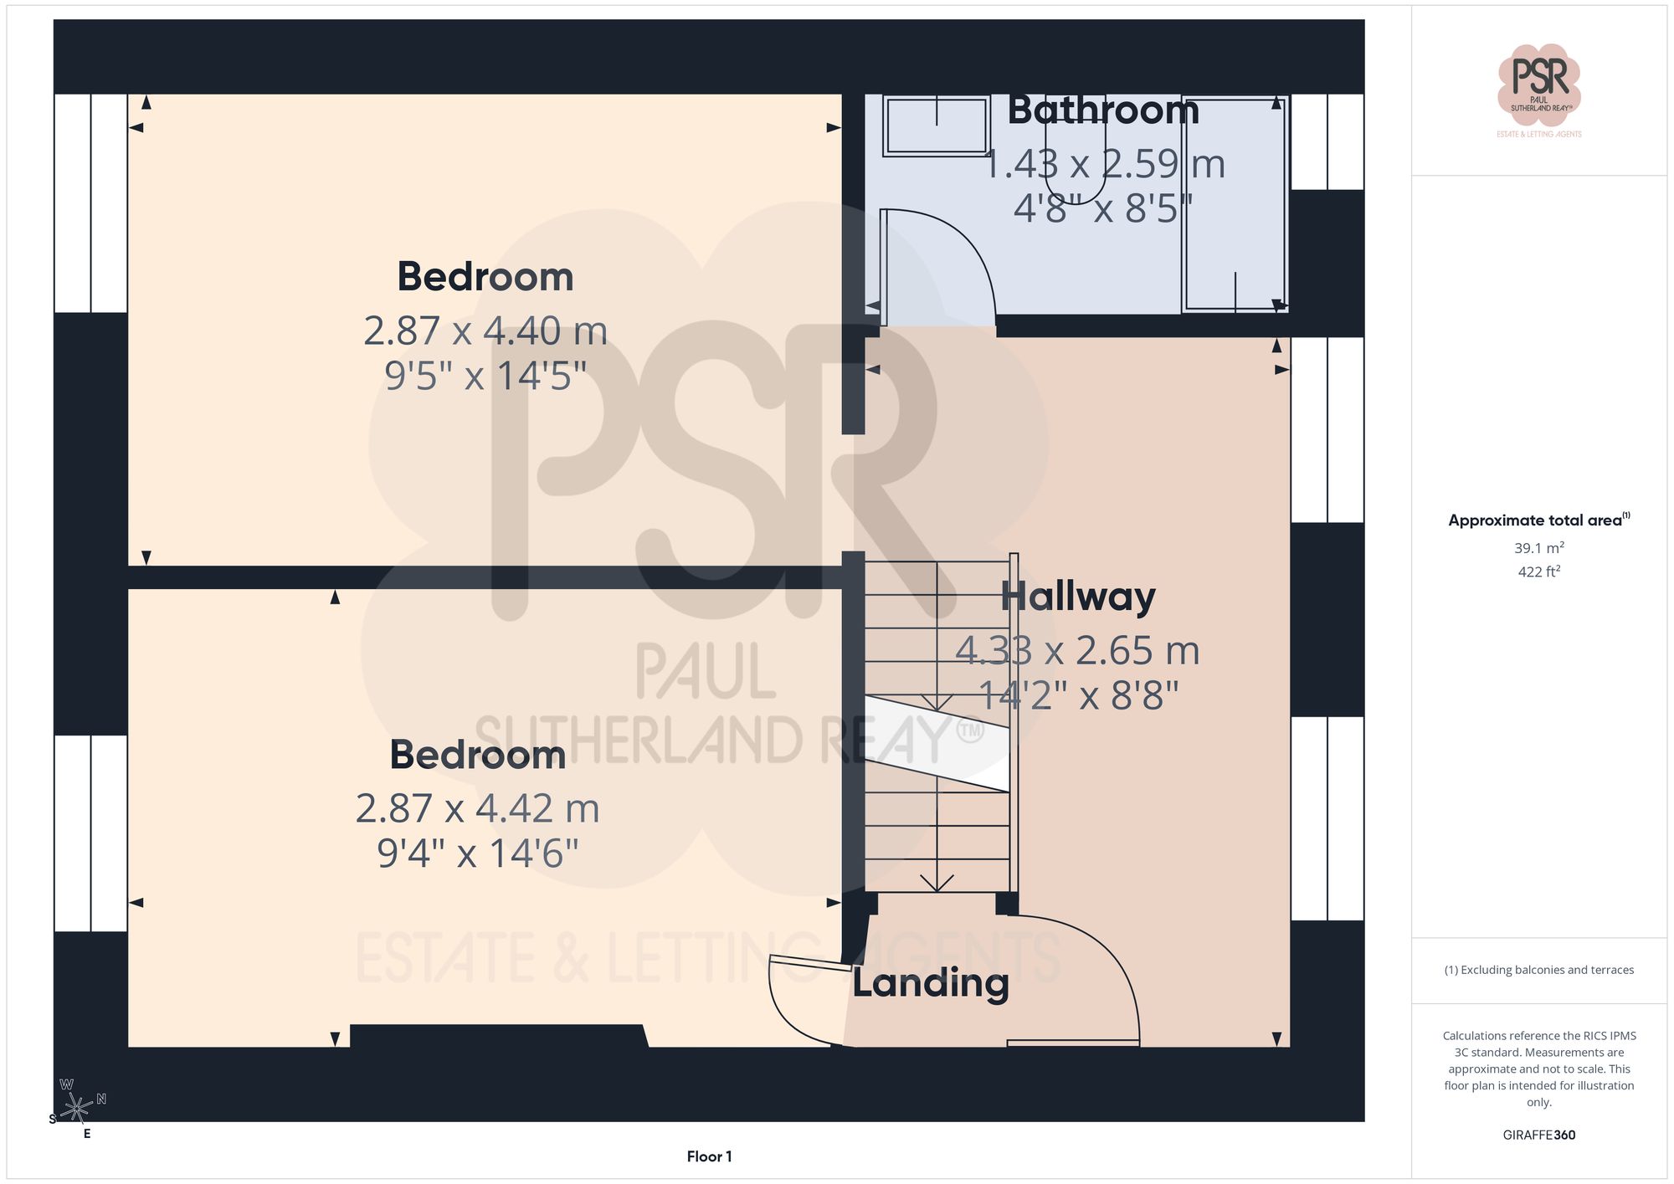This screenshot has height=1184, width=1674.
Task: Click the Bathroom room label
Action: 1102,110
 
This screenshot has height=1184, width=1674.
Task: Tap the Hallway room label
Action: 1077,597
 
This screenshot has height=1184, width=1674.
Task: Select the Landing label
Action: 930,982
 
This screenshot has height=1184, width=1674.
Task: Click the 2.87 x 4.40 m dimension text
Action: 485,331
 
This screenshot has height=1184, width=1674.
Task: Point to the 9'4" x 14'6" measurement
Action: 477,853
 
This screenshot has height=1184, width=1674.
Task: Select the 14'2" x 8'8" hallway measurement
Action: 1078,695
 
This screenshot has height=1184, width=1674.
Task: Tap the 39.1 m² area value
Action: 1538,548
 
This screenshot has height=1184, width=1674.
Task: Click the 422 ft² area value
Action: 1538,571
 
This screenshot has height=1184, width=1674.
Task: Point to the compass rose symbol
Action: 77,1108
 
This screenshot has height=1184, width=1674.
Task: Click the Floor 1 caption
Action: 709,1156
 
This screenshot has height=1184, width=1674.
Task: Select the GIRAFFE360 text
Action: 1538,1135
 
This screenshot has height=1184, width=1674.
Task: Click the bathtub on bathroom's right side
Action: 1235,205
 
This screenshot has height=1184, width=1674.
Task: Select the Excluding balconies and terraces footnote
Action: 1538,970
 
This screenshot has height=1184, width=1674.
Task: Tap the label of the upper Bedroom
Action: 485,277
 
